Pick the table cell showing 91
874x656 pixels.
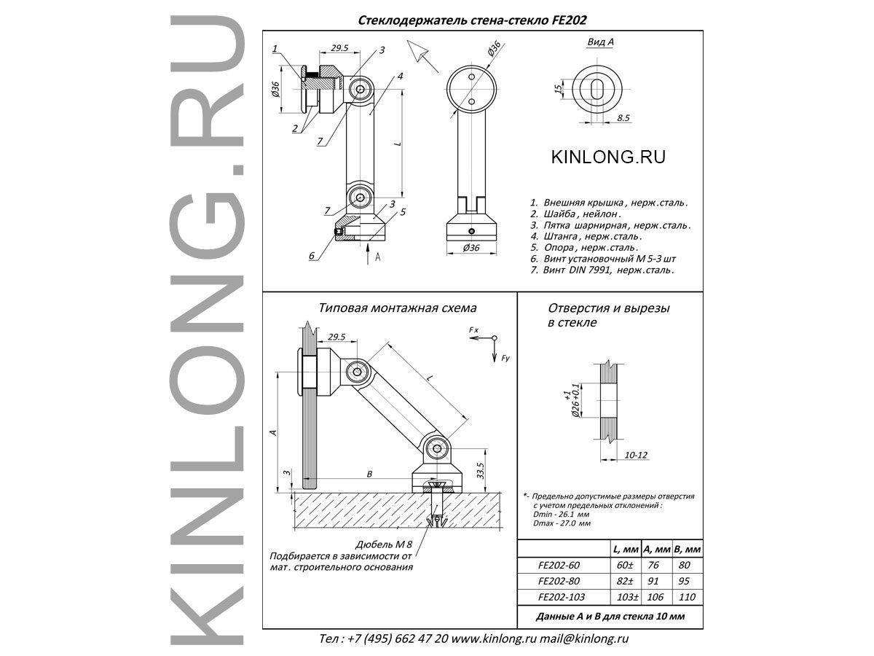pos(654,581)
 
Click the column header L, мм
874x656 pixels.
pos(625,549)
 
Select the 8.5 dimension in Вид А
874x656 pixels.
pos(623,117)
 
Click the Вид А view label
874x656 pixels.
pos(600,42)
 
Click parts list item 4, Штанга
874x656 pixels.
pos(586,236)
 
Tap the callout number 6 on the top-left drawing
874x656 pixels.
pos(312,255)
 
